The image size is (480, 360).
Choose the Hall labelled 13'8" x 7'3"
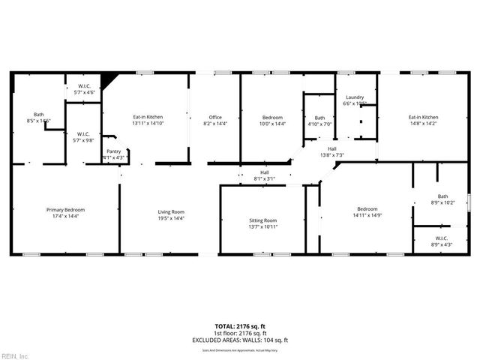point(331,151)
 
